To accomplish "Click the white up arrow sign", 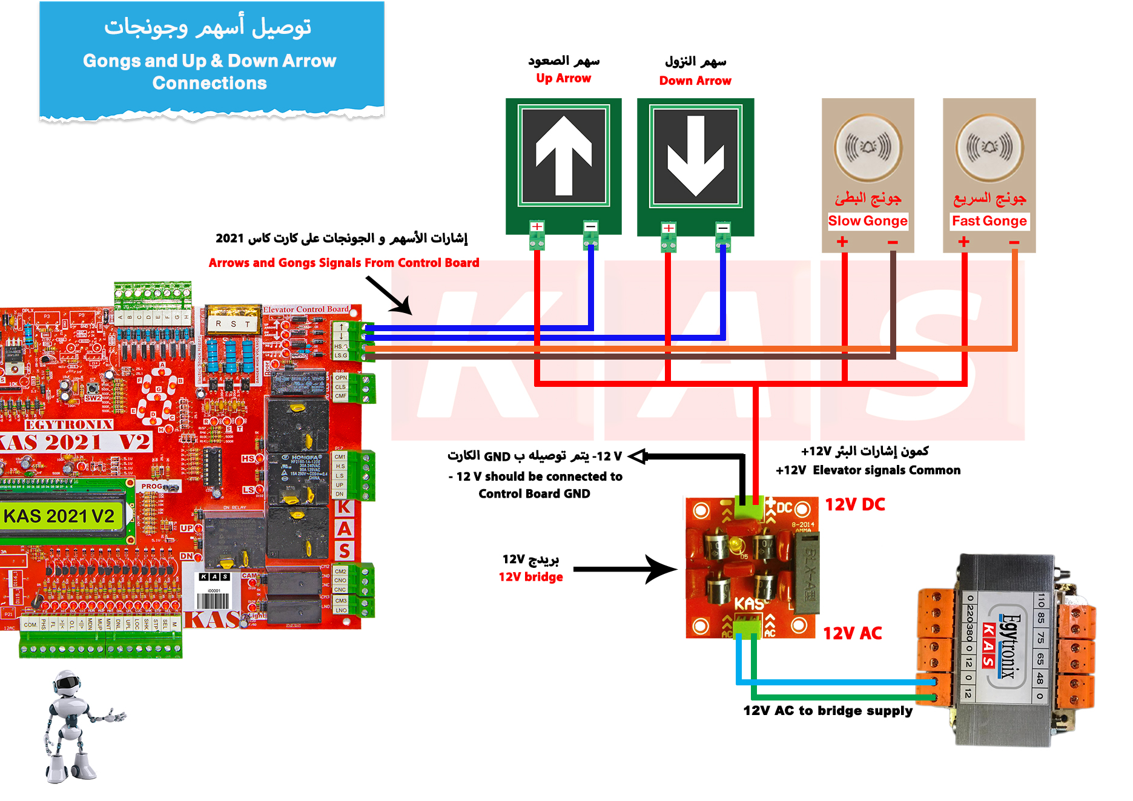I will pyautogui.click(x=564, y=156).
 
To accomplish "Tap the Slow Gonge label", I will pyautogui.click(x=868, y=221).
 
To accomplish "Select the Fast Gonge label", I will pyautogui.click(x=989, y=221).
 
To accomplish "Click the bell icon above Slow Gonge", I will pyautogui.click(x=868, y=147).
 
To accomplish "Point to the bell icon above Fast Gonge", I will pyautogui.click(x=989, y=147).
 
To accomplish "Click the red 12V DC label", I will pyautogui.click(x=855, y=504).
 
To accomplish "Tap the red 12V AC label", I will pyautogui.click(x=853, y=633).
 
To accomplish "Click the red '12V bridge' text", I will pyautogui.click(x=531, y=577).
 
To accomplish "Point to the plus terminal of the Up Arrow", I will pyautogui.click(x=537, y=227).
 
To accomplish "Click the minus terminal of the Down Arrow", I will pyautogui.click(x=723, y=229).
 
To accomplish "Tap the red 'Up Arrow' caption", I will pyautogui.click(x=563, y=78).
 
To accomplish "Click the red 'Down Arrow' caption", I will pyautogui.click(x=695, y=81).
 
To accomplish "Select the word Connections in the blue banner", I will pyautogui.click(x=210, y=83).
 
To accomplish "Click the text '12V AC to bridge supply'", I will pyautogui.click(x=828, y=710).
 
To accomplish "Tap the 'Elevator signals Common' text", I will pyautogui.click(x=887, y=470).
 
